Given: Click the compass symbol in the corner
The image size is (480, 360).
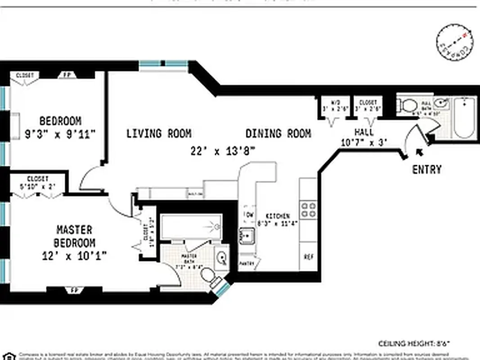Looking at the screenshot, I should pyautogui.click(x=454, y=43).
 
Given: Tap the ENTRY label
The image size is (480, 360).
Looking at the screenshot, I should pyautogui.click(x=426, y=170).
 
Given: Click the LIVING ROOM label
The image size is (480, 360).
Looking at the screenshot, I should pyautogui.click(x=158, y=134).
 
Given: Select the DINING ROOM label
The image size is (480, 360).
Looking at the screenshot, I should pyautogui.click(x=278, y=134).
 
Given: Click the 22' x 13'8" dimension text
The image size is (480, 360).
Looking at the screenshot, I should pyautogui.click(x=223, y=152).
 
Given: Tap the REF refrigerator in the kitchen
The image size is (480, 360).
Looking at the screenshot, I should pyautogui.click(x=309, y=257).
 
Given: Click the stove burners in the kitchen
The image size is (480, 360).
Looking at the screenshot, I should pyautogui.click(x=309, y=210).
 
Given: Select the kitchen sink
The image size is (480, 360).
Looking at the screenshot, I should pyautogui.click(x=246, y=235).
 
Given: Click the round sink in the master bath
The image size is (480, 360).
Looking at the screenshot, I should pyautogui.click(x=221, y=257).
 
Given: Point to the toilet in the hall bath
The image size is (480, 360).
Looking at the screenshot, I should pyautogui.click(x=408, y=106).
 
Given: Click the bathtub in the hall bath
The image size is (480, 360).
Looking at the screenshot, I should pyautogui.click(x=464, y=118).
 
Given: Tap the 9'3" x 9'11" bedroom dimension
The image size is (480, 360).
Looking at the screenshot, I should pyautogui.click(x=60, y=134).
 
